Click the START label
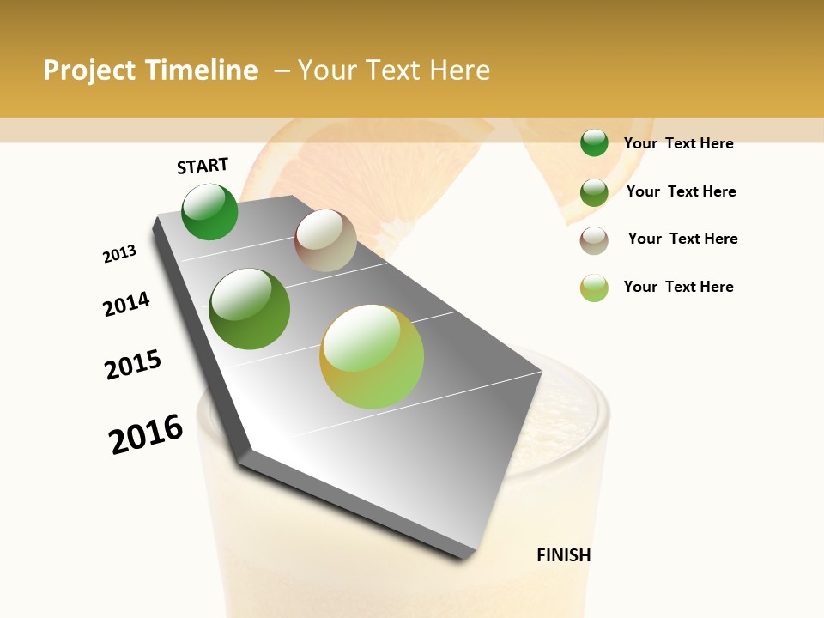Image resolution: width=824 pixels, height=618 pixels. [203, 166]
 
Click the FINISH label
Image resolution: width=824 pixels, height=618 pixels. [564, 555]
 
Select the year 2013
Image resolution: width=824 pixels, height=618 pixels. [119, 254]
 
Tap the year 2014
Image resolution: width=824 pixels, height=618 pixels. [126, 305]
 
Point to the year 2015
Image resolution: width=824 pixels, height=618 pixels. [133, 365]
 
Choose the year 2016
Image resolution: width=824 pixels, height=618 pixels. [146, 434]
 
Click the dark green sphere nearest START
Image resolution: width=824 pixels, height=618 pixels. [209, 212]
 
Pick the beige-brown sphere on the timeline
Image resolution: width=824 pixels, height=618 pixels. [325, 240]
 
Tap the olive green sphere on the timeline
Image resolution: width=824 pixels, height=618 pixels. [250, 309]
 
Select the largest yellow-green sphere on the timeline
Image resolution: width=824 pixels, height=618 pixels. [372, 356]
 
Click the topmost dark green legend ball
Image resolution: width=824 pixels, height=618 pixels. [594, 142]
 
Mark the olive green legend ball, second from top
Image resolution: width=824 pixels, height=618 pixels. [594, 191]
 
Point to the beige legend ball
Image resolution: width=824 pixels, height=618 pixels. [594, 239]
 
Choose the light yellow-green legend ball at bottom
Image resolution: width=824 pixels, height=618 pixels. [594, 288]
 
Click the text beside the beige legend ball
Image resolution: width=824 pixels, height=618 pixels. [682, 239]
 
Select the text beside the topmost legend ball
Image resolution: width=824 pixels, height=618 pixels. [678, 143]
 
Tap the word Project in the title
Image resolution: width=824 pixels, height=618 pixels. [89, 70]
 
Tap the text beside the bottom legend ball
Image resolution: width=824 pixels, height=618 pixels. [678, 287]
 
